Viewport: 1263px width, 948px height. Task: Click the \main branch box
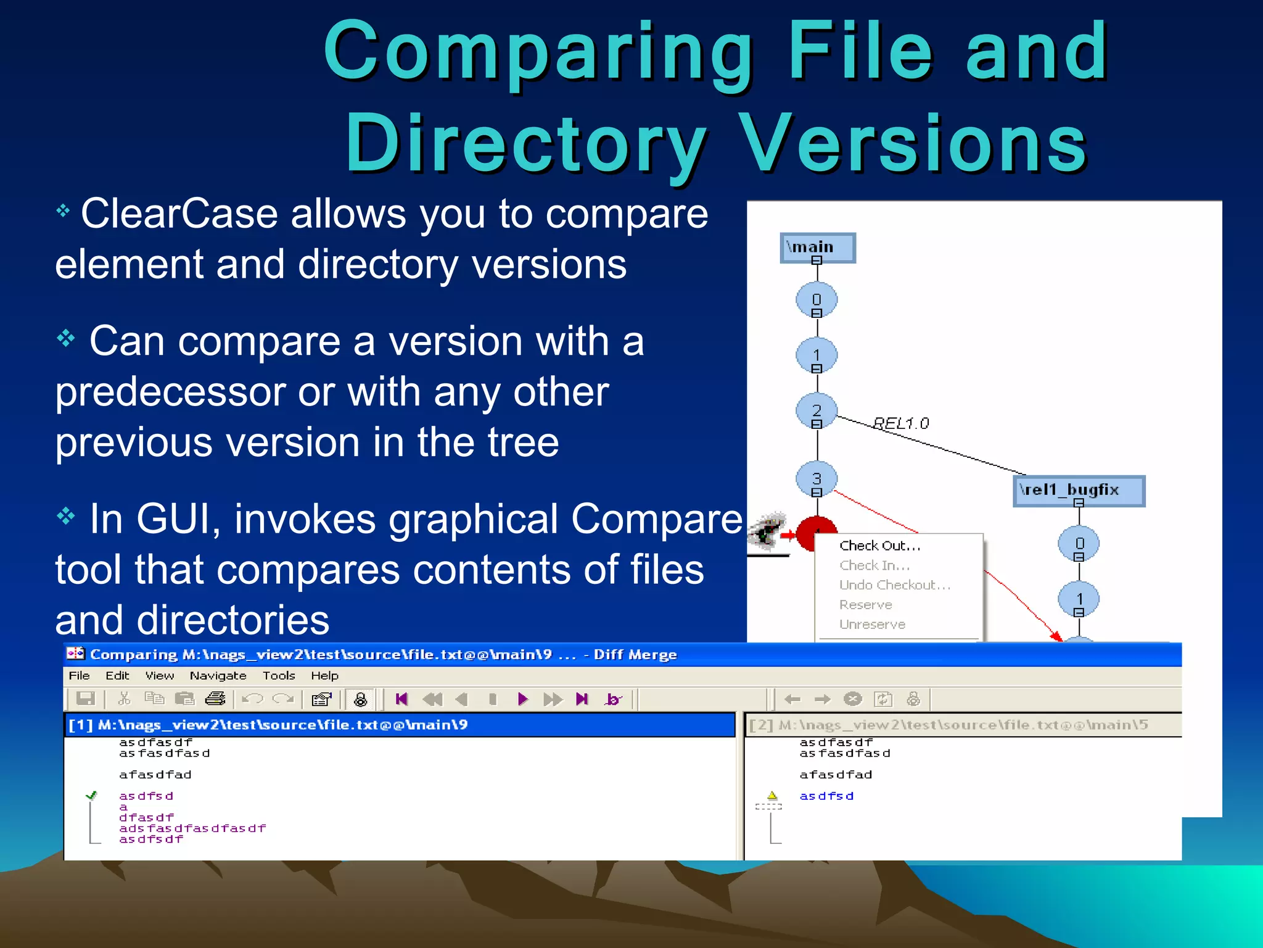coord(817,247)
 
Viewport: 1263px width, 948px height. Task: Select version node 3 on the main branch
coord(817,478)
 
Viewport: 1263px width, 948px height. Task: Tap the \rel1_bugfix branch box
coord(1078,490)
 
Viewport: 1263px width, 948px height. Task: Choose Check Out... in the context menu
coord(879,546)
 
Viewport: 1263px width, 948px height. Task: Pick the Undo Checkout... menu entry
coord(894,585)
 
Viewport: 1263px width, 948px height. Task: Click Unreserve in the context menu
coord(872,625)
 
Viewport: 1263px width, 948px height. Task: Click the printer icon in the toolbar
coord(215,699)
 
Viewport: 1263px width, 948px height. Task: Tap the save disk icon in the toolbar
coord(85,699)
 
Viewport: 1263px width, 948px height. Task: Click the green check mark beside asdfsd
coord(92,796)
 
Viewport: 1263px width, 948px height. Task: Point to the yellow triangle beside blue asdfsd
coord(772,796)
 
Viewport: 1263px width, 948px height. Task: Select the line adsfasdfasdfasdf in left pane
coord(192,828)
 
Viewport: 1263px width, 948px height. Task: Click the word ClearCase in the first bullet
coord(179,214)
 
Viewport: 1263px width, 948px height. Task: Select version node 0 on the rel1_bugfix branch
coord(1079,543)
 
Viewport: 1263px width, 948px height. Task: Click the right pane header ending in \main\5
coord(962,725)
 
